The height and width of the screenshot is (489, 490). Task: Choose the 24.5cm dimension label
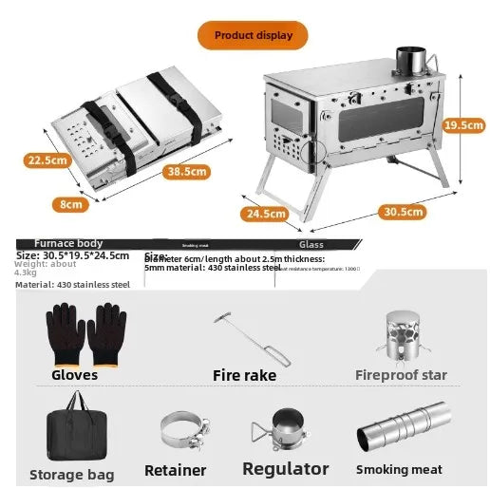(x=265, y=214)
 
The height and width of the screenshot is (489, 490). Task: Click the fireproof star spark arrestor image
(x=400, y=335)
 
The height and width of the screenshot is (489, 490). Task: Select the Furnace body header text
(x=68, y=244)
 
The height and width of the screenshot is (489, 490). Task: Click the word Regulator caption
(x=285, y=469)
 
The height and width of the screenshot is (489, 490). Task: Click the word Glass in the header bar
(x=311, y=244)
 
